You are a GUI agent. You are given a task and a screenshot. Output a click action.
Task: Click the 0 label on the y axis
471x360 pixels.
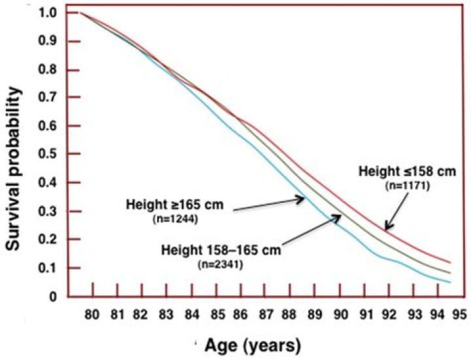click(52, 297)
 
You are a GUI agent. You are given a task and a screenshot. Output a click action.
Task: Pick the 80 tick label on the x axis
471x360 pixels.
click(92, 314)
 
